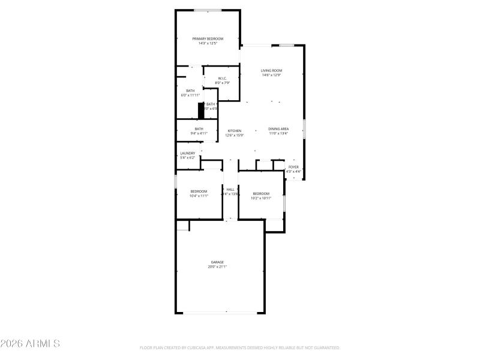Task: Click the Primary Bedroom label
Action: tap(208, 38)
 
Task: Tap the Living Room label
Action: tap(271, 71)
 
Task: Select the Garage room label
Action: tap(217, 262)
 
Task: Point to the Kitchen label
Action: tap(234, 131)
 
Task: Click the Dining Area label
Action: tap(278, 129)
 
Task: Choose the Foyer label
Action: tap(293, 167)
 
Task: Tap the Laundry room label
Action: tap(188, 153)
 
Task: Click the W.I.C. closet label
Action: tap(222, 78)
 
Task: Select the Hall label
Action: tap(230, 189)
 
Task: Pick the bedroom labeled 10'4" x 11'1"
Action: tap(199, 191)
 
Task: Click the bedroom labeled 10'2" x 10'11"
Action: tap(261, 193)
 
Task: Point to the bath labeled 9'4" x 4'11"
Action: tap(199, 128)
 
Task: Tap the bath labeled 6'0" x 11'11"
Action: tap(190, 91)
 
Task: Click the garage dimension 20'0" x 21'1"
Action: tap(217, 266)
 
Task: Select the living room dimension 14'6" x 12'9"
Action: tap(271, 75)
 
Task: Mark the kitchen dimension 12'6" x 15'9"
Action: tap(234, 135)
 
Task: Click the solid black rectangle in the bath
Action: tap(201, 110)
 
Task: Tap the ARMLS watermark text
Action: tap(30, 344)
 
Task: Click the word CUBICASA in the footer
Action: tap(206, 347)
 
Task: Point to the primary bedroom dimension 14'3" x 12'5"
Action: tap(208, 43)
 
